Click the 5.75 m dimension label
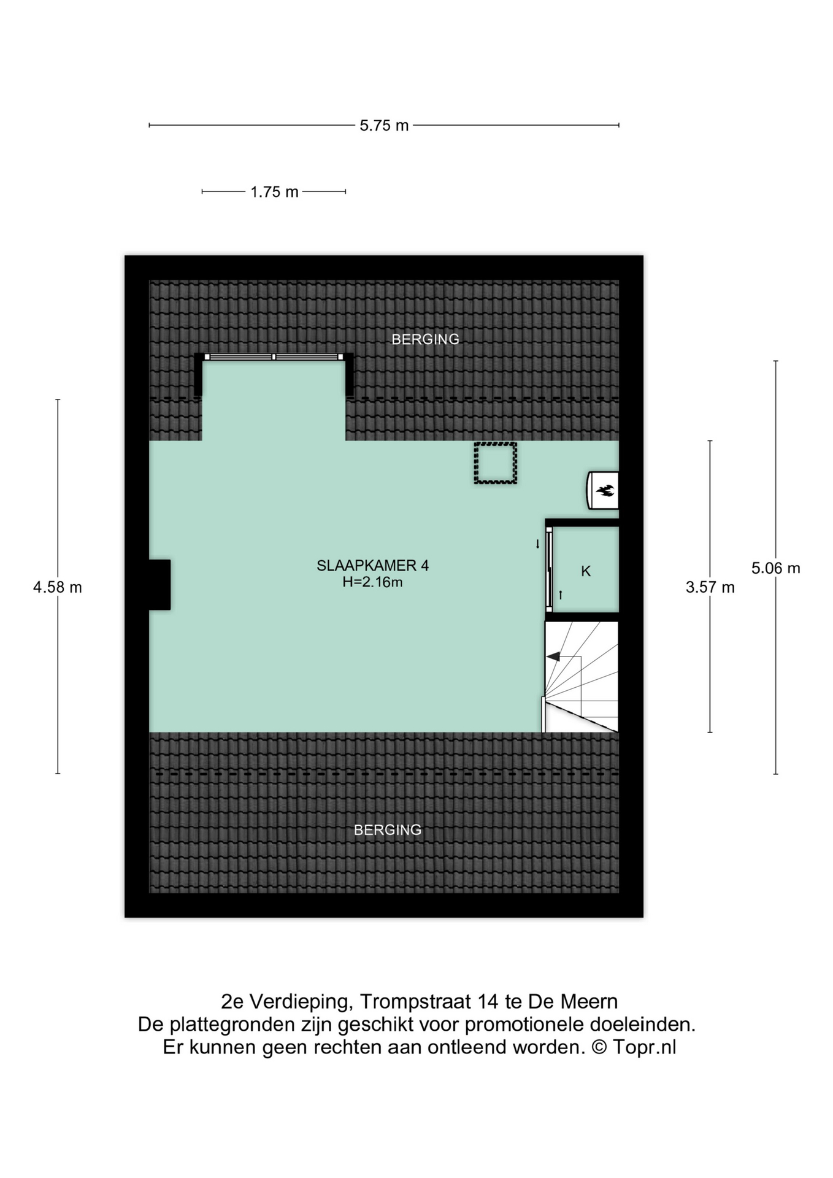[384, 126]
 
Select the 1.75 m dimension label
[274, 192]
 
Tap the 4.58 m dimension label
[58, 587]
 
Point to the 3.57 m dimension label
[710, 587]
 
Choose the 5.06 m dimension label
[775, 568]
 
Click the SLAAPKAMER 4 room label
[372, 566]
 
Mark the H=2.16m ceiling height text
[372, 582]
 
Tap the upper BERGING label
[425, 339]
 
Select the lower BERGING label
[388, 830]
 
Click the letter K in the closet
[586, 571]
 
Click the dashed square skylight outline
[495, 463]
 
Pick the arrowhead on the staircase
[553, 657]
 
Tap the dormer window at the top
[274, 357]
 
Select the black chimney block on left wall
[159, 585]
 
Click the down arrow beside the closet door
[538, 544]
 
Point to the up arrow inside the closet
[561, 595]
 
